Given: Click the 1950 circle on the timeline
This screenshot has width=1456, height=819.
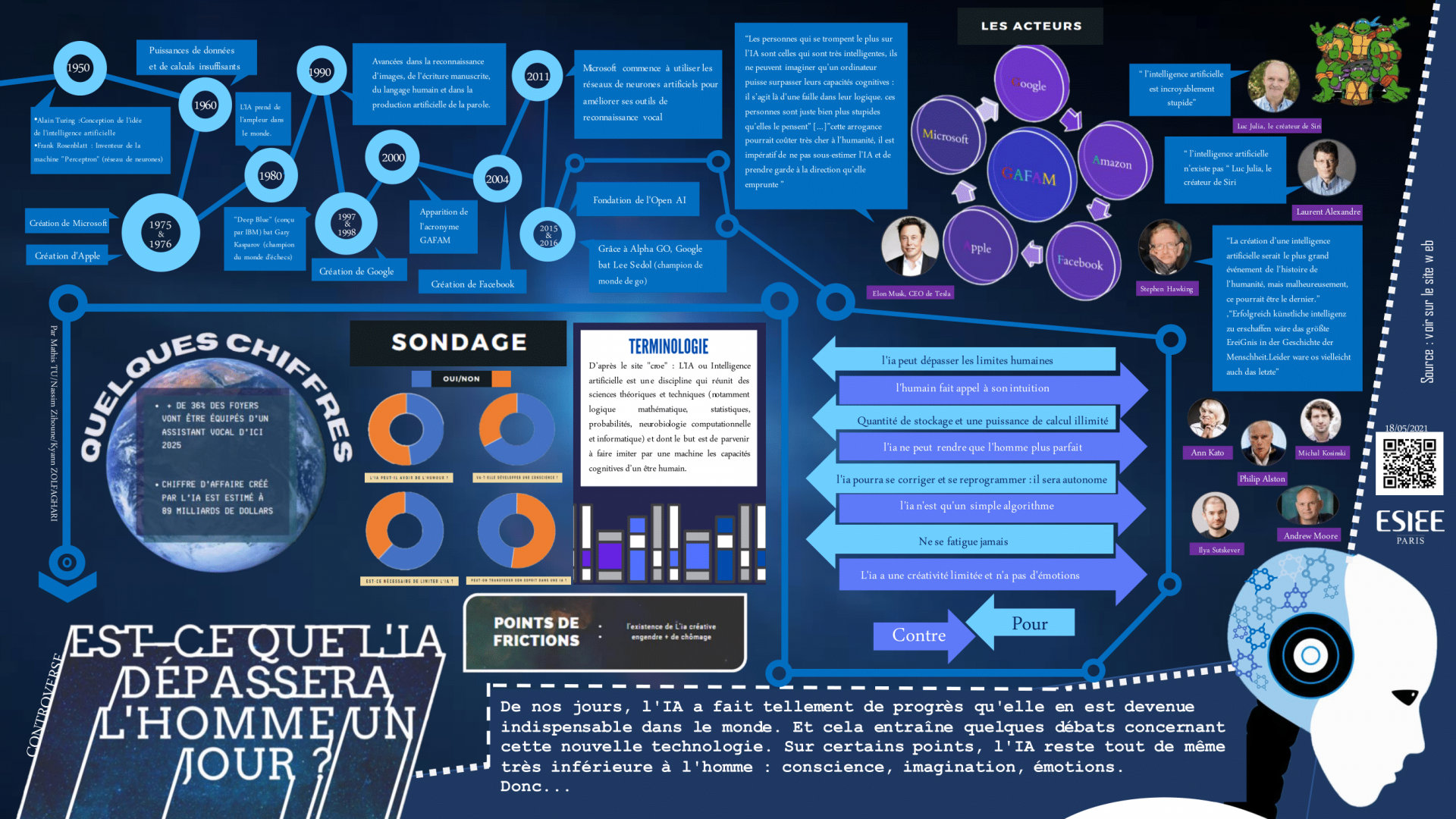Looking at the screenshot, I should pos(79,68).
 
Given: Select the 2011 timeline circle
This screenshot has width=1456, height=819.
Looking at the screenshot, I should pos(538,77).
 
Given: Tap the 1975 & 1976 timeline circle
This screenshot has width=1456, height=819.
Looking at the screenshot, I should pos(160,234).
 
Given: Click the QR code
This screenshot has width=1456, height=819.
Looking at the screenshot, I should pos(1409,463).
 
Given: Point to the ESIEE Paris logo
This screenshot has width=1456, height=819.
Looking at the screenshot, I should pos(1410,526).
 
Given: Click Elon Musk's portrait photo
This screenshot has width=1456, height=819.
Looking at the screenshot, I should pos(909,246).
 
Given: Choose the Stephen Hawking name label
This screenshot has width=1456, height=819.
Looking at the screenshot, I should pos(1166,289).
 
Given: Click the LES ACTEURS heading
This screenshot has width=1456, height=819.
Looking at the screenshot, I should pos(1031,26).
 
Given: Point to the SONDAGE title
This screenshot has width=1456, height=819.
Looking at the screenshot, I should pos(458,343).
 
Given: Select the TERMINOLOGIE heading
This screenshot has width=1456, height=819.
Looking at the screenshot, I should pos(668,347).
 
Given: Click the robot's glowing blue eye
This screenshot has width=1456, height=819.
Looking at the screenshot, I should pos(1310,655).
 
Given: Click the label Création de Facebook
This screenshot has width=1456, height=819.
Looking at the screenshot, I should pos(472,284).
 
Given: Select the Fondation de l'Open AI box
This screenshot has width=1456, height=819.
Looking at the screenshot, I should pos(639,200).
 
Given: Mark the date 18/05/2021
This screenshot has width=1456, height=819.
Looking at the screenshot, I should pos(1405,428).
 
